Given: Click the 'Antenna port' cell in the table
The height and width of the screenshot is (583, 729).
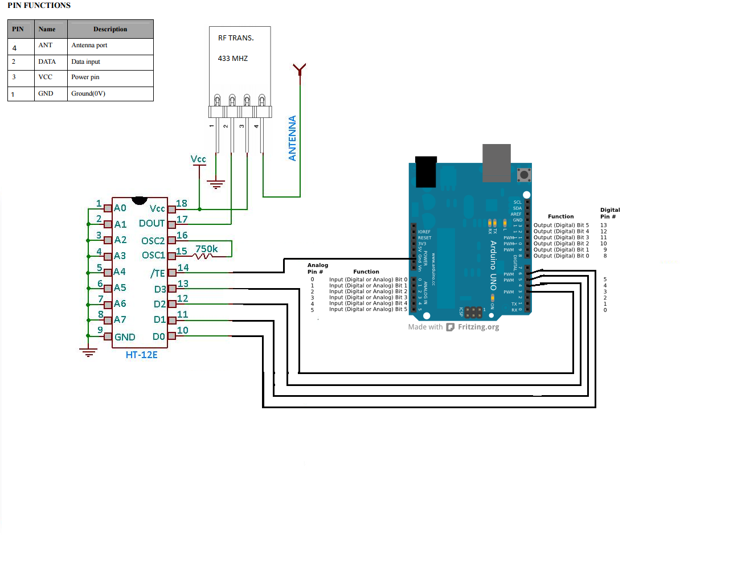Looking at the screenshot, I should pyautogui.click(x=89, y=46).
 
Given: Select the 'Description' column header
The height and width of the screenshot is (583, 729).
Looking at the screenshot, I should pyautogui.click(x=110, y=29).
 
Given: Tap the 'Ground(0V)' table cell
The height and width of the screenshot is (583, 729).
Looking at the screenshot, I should pyautogui.click(x=88, y=94).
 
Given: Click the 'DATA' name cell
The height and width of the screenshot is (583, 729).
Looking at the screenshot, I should pyautogui.click(x=47, y=62).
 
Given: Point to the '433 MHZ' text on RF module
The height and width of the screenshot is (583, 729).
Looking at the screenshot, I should pyautogui.click(x=233, y=59).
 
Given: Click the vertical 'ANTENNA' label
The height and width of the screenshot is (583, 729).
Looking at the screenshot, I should pyautogui.click(x=293, y=138).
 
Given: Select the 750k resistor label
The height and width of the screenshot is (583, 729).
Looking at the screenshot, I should pyautogui.click(x=206, y=249).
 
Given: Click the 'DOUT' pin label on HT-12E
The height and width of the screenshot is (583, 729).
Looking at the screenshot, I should pyautogui.click(x=151, y=224).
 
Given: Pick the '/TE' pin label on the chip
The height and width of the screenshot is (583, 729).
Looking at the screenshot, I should pyautogui.click(x=158, y=273).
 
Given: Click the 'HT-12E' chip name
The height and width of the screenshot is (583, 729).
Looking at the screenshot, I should pyautogui.click(x=141, y=355).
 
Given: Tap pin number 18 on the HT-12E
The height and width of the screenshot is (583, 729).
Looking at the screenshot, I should pyautogui.click(x=182, y=203).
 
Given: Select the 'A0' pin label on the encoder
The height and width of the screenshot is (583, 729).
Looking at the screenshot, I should pyautogui.click(x=120, y=208).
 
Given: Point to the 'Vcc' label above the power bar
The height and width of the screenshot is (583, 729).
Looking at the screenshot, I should pyautogui.click(x=198, y=159).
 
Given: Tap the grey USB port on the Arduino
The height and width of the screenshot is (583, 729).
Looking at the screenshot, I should pyautogui.click(x=497, y=162).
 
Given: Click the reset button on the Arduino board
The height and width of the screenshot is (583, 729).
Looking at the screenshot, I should pyautogui.click(x=524, y=174).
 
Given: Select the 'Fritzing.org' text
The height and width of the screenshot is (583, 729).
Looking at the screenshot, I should pyautogui.click(x=478, y=327).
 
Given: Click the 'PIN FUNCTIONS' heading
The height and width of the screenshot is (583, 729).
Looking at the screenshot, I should pyautogui.click(x=39, y=5).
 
